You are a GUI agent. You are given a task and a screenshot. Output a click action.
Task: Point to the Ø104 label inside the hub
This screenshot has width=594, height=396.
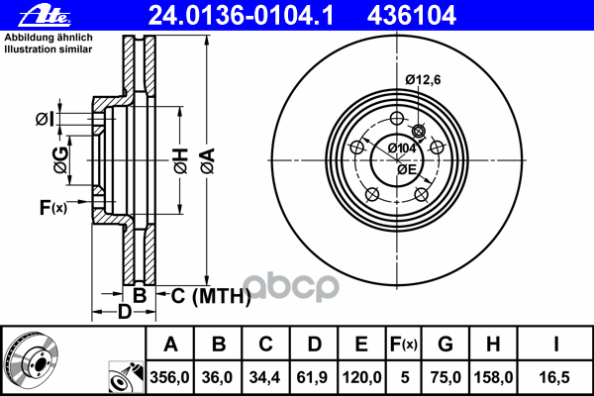coord(401,148)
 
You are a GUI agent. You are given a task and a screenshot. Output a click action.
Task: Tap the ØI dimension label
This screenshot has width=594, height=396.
coord(44,120)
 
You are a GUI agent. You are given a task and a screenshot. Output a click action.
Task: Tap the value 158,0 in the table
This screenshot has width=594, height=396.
coord(493,376)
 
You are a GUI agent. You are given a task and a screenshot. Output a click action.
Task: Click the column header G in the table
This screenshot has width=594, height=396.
coord(445,344)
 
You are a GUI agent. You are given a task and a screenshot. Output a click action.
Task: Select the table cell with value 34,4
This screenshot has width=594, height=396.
coord(266,376)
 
